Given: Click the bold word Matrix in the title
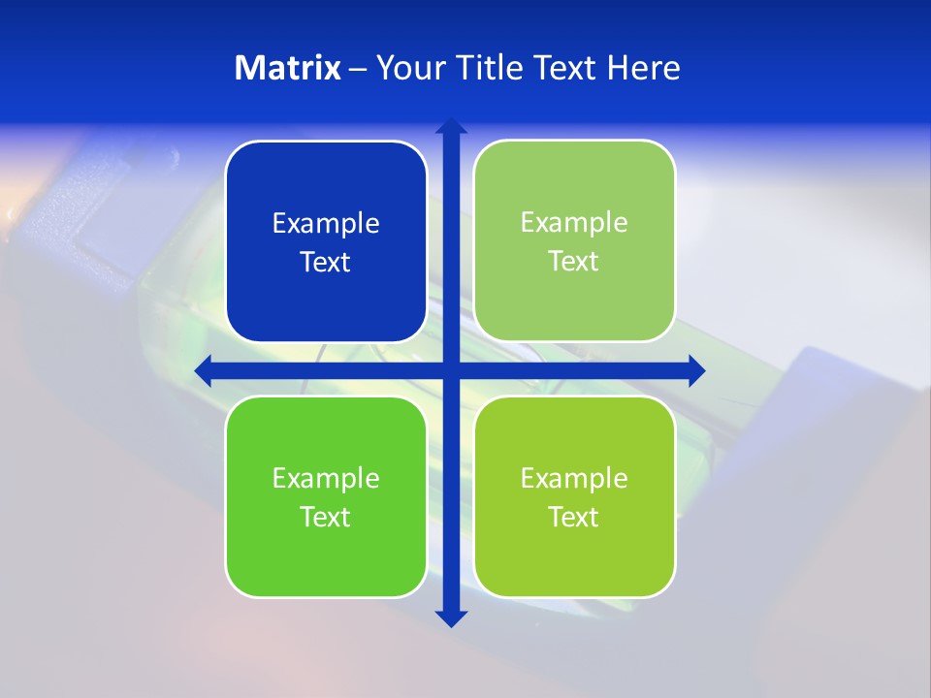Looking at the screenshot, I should pos(288,68).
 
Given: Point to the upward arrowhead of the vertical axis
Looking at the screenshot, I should pos(451,126).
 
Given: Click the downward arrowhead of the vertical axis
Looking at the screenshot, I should pos(451,618).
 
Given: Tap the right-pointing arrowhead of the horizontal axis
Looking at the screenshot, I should pos(696,370).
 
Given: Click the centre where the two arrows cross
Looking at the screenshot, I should pos(451,370).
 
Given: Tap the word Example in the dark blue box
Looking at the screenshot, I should pos(326,224).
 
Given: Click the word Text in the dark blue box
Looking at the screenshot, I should pos(326,263).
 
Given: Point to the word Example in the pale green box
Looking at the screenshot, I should pos(574,223).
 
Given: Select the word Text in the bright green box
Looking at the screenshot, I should pos(326,518).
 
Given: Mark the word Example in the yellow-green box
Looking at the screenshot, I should pos(574,479).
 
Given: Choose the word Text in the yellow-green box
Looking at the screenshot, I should pos(574,518).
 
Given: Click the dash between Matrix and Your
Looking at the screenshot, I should pos(358,69).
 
